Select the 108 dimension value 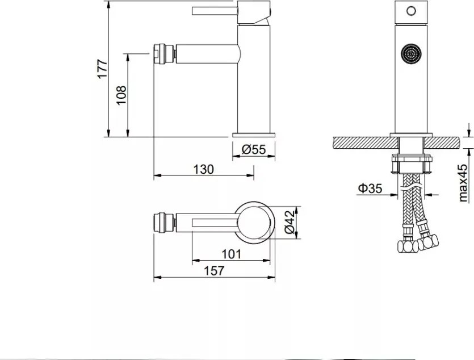121,95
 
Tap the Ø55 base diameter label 254,149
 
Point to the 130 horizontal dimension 203,169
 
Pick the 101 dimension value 231,254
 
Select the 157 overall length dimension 213,271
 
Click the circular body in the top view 255,221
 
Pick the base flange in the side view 254,135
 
